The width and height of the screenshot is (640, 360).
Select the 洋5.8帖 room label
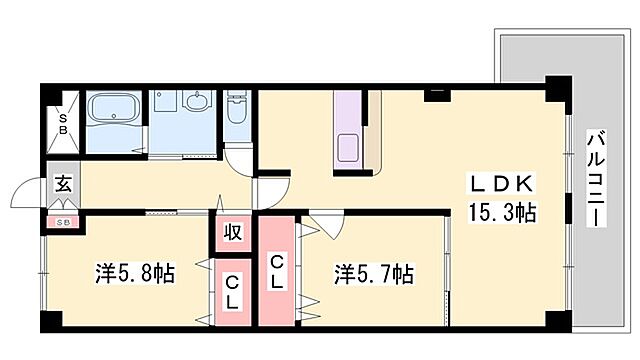click(x=135, y=272)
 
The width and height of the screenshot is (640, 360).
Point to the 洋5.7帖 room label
click(x=374, y=272)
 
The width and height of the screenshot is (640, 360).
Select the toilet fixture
click(x=236, y=110)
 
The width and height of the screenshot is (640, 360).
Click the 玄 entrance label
click(x=62, y=185)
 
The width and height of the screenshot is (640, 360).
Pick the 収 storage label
click(x=232, y=234)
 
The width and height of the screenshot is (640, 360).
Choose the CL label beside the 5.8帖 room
click(x=231, y=291)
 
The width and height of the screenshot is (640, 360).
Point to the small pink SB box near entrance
click(x=62, y=221)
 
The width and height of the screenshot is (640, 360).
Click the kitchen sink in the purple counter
click(x=351, y=148)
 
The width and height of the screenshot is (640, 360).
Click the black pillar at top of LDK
click(x=436, y=95)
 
